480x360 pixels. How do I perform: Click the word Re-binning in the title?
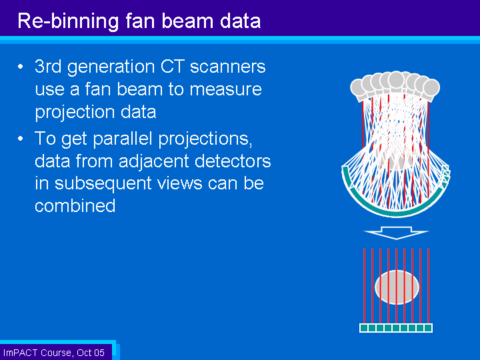(68, 21)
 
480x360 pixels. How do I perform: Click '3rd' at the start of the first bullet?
(48, 66)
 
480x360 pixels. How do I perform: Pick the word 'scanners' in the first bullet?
(228, 67)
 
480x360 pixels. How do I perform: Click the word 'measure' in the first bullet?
(225, 89)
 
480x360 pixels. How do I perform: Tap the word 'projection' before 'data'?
(75, 113)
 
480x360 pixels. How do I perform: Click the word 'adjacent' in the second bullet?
(154, 162)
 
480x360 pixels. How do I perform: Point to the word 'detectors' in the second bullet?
(233, 161)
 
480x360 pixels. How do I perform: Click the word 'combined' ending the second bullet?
(75, 205)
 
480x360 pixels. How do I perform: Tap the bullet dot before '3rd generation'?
(21, 67)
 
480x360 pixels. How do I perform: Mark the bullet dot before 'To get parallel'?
(21, 139)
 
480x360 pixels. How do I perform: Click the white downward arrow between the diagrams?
(396, 233)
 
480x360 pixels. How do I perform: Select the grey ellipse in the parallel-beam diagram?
(397, 287)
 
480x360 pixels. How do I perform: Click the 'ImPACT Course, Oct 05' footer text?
(54, 353)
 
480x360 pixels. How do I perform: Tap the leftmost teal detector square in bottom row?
(364, 328)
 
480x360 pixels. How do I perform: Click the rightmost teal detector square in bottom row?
(428, 328)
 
